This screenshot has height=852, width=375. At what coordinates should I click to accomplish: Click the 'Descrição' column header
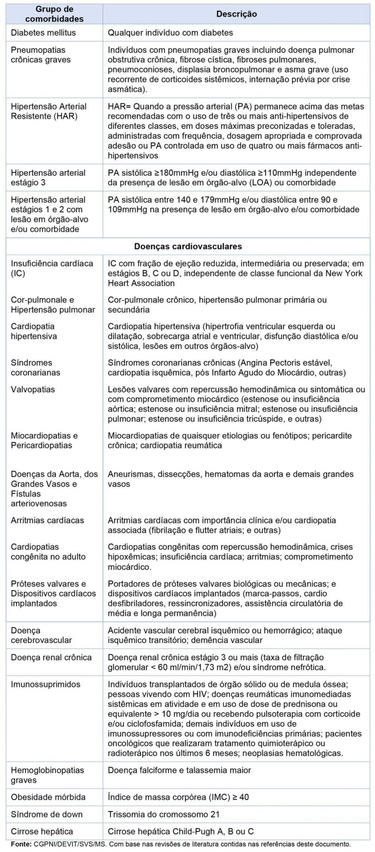click(236, 14)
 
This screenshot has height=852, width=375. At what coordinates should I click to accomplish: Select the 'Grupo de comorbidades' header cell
click(54, 14)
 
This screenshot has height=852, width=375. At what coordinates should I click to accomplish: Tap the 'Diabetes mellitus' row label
click(43, 32)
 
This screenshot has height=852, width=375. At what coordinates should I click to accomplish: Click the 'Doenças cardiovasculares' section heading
click(188, 246)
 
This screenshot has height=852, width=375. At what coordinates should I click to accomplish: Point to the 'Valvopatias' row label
click(33, 389)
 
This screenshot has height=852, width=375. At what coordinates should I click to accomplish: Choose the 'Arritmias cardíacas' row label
click(47, 520)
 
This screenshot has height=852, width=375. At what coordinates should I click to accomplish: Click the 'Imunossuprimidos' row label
click(45, 684)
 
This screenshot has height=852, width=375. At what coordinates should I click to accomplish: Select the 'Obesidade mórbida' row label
click(48, 797)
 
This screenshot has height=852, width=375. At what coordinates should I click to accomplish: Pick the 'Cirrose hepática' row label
click(42, 831)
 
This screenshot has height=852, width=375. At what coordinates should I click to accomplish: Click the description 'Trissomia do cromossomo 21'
click(164, 814)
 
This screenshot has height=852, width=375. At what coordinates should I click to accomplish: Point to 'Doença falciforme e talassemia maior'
click(179, 770)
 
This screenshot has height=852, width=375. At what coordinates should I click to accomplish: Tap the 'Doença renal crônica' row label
click(51, 657)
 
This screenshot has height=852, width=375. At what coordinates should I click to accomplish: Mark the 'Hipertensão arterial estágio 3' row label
click(48, 177)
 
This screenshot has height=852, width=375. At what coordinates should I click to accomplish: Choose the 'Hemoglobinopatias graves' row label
click(47, 775)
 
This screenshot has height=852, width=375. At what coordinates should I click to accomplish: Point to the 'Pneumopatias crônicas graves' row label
click(40, 55)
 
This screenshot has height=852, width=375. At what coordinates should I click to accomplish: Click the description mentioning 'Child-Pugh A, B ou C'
click(181, 831)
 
